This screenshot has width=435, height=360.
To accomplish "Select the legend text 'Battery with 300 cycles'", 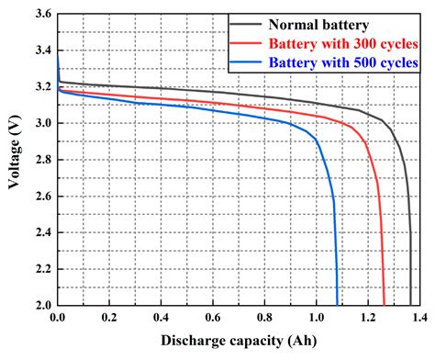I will [x=345, y=44].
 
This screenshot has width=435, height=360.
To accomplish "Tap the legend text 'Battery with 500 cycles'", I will [x=345, y=62].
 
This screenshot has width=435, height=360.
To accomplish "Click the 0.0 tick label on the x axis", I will [x=58, y=318].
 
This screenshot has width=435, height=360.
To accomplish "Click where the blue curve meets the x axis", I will [x=337, y=304].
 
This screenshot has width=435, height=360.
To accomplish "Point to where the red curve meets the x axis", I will [x=384, y=304].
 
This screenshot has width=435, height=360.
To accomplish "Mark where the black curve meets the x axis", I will [x=410, y=304].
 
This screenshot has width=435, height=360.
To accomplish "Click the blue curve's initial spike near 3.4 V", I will [x=58, y=57].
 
